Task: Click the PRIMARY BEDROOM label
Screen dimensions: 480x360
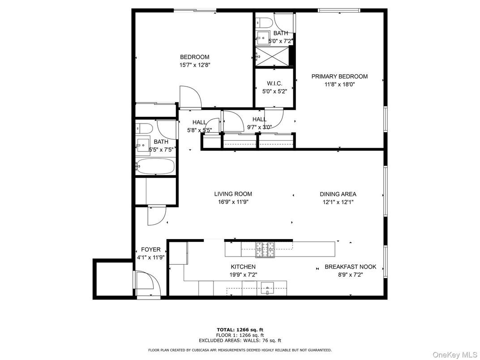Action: tap(339, 77)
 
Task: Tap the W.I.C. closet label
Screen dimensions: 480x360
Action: tap(274, 83)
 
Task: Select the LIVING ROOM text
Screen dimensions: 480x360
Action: tap(233, 194)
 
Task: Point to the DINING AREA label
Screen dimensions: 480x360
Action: tap(338, 194)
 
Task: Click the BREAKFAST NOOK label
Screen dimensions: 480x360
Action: tap(351, 267)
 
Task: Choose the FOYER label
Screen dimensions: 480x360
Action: tap(150, 249)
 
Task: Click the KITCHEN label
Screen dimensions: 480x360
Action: tap(243, 267)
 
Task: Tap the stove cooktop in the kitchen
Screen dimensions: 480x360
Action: tap(266, 249)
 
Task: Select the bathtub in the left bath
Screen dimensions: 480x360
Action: tap(155, 166)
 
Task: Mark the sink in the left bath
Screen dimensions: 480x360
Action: tap(143, 145)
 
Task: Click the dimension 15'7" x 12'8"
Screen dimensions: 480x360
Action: tap(195, 65)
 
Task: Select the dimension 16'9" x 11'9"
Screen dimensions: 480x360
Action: tap(233, 202)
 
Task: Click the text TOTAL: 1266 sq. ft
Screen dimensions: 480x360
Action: tap(240, 330)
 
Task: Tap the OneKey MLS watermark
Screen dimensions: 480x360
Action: tap(454, 355)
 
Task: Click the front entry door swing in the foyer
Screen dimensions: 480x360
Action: tap(148, 283)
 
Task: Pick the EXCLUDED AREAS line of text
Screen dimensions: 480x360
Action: tap(240, 340)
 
